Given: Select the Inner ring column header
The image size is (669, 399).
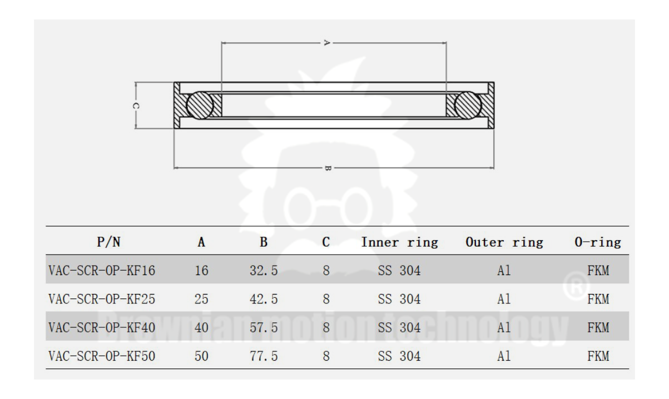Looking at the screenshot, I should (x=399, y=242).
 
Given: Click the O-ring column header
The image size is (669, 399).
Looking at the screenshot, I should (x=598, y=242).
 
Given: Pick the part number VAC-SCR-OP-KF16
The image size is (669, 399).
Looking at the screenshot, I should (x=102, y=271).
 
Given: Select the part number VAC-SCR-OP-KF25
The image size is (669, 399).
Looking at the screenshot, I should (x=102, y=300).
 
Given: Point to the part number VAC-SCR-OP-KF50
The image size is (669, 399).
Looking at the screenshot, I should (x=102, y=356).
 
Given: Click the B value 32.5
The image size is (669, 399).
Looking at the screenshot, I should (x=264, y=271).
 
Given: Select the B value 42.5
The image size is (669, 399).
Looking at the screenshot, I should (x=264, y=300).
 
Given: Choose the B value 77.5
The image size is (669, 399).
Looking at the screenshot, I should (x=264, y=356).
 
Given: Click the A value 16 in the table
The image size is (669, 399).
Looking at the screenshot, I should (x=201, y=271).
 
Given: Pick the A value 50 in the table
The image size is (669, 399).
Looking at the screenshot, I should (x=201, y=356).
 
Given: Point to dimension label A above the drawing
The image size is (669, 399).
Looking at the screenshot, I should (x=327, y=42).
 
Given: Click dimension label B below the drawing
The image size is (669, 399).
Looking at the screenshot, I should (x=328, y=167).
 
